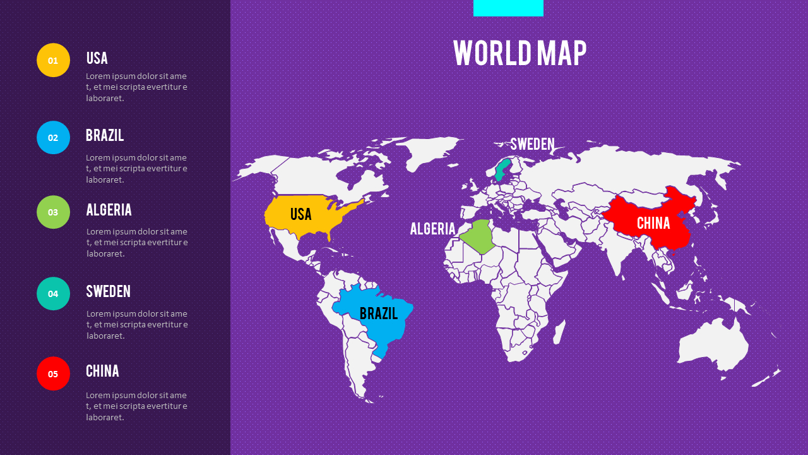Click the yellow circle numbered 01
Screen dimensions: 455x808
tap(53, 60)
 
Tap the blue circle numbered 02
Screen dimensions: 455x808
tap(53, 138)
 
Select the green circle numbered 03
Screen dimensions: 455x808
tap(53, 212)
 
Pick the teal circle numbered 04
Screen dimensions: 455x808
tap(53, 293)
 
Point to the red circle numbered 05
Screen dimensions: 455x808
tap(53, 373)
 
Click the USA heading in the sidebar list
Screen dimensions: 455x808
tap(97, 58)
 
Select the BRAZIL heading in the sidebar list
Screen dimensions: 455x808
tap(105, 135)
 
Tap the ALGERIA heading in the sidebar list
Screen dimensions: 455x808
tap(109, 210)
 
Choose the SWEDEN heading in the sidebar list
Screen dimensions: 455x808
tap(109, 291)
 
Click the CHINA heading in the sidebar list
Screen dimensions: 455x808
tap(102, 371)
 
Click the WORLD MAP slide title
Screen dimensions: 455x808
tap(520, 53)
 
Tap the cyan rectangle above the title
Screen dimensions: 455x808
tap(508, 8)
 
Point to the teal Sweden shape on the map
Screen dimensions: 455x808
tap(502, 169)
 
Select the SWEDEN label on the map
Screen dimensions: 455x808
tap(532, 144)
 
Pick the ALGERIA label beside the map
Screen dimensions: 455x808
tap(432, 229)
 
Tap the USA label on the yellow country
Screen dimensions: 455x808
tap(301, 214)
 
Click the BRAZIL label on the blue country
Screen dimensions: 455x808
tap(379, 313)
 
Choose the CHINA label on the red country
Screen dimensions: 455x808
tap(653, 223)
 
